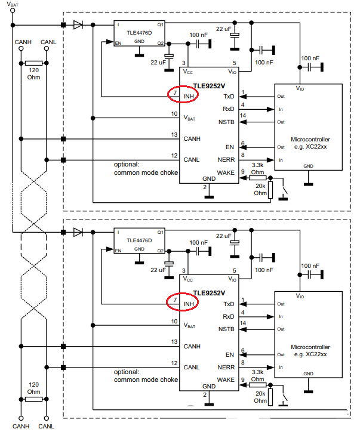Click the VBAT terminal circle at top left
click(x=13, y=11)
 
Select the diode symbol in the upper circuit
click(x=78, y=25)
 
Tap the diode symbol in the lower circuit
click(x=78, y=232)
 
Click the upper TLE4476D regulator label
click(x=139, y=33)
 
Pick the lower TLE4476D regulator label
click(x=139, y=240)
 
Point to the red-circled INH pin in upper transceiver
click(x=183, y=94)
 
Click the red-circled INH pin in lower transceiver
click(x=182, y=302)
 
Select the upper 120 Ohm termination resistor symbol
click(x=33, y=63)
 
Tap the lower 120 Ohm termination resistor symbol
click(x=33, y=399)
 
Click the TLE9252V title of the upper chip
click(x=209, y=86)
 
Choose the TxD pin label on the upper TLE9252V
click(x=229, y=97)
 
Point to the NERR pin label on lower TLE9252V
click(x=226, y=367)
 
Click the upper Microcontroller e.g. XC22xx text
click(x=310, y=143)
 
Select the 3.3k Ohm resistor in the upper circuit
click(x=258, y=178)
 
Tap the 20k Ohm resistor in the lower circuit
click(x=270, y=397)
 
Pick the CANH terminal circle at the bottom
click(x=21, y=418)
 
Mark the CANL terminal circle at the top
click(x=47, y=48)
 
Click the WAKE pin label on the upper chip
click(x=226, y=173)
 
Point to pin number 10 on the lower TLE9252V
click(x=174, y=321)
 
